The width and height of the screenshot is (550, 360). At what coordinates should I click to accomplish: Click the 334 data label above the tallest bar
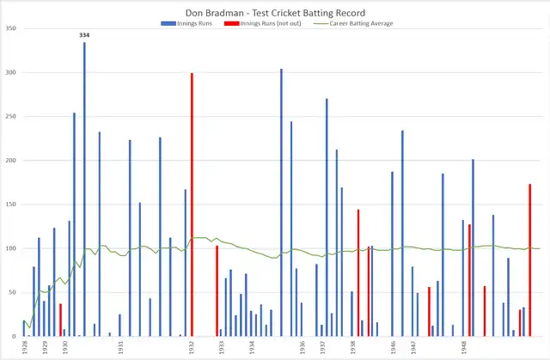[84, 35]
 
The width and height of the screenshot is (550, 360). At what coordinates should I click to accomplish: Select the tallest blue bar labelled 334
[84, 189]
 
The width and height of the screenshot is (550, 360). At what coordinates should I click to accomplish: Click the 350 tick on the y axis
[11, 28]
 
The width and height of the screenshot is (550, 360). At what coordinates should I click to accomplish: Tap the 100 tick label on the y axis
[11, 248]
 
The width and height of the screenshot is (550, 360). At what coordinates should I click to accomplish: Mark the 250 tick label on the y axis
[11, 116]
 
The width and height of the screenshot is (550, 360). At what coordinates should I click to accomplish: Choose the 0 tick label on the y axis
[15, 336]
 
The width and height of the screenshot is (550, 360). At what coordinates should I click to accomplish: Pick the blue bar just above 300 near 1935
[281, 203]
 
